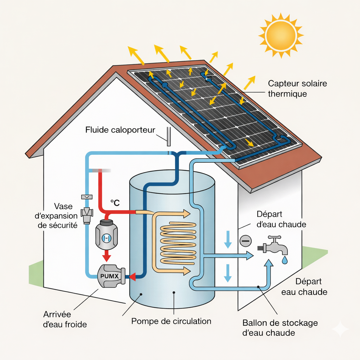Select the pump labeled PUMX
[x=110, y=275]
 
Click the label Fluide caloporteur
[x=120, y=130]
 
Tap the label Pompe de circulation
[x=171, y=321]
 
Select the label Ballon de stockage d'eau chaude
[x=280, y=327]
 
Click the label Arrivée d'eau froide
[x=65, y=319]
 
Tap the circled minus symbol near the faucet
[x=245, y=241]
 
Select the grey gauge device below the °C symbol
[x=106, y=233]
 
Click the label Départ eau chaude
[x=304, y=287]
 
